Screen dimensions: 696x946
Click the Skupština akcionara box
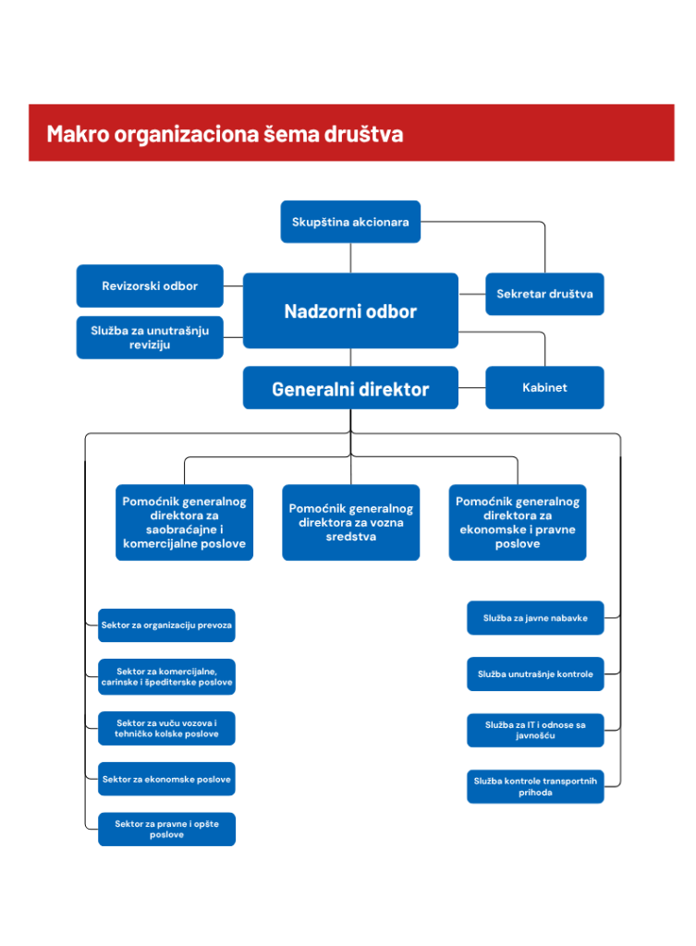click(x=350, y=222)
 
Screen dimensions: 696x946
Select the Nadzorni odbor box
click(x=350, y=310)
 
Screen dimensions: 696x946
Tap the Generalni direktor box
click(x=350, y=387)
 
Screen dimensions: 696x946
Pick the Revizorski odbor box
click(x=150, y=286)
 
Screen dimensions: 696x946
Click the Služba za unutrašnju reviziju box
click(x=150, y=337)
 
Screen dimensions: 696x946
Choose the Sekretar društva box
click(x=544, y=294)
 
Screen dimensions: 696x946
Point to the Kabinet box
click(x=544, y=387)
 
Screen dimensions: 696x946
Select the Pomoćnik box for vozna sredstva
click(x=350, y=523)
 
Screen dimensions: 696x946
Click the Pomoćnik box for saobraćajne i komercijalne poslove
click(x=184, y=523)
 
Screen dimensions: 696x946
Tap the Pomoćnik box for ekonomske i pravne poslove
click(x=518, y=523)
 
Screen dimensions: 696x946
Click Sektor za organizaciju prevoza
click(x=166, y=625)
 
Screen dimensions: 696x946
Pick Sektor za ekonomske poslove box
click(x=166, y=779)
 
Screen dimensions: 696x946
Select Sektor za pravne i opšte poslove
click(x=166, y=829)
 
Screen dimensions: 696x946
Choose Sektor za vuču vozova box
click(x=166, y=728)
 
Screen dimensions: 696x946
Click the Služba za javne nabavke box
click(x=535, y=618)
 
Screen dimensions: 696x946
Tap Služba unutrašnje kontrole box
click(x=535, y=673)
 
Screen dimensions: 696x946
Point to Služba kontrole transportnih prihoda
click(x=535, y=786)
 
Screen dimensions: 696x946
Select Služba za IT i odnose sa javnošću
click(x=535, y=730)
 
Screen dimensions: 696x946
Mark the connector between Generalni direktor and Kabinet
click(x=472, y=387)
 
